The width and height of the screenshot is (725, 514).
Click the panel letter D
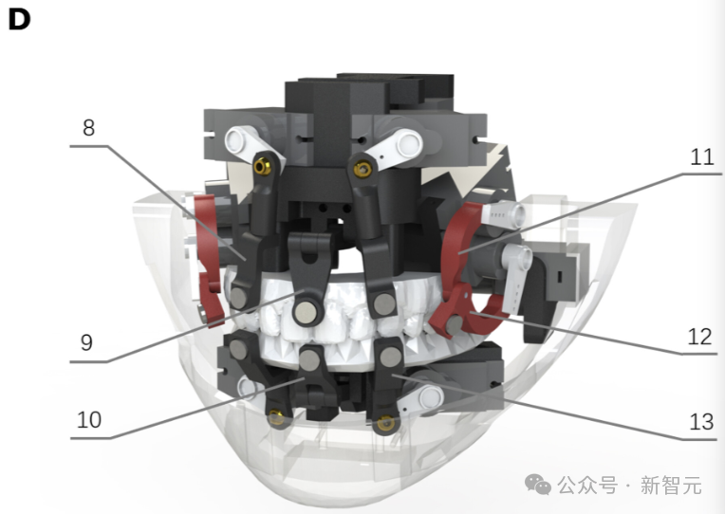pos(19,20)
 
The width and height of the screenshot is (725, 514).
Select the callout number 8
pos(89,128)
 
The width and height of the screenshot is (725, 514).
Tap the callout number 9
pos(86,342)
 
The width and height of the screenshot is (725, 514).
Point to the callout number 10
pos(89,420)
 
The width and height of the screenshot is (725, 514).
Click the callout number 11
pos(702,157)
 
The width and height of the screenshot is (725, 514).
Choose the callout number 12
pos(699,337)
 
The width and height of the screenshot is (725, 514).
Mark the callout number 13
pos(701,422)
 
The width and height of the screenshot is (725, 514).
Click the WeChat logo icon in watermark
pos(538,485)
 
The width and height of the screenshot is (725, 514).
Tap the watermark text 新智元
pos(671,486)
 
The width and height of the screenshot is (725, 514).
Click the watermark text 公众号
pos(587,486)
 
